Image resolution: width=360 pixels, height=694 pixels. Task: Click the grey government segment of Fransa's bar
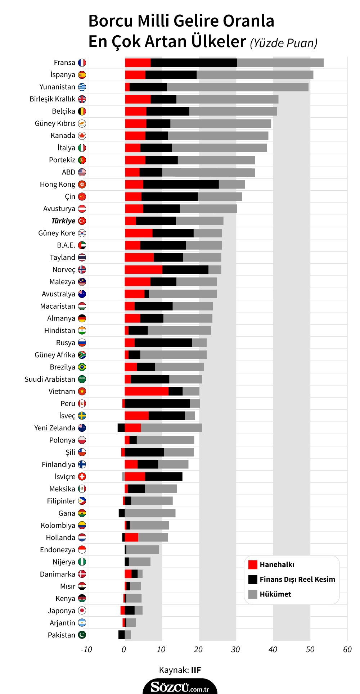(280, 63)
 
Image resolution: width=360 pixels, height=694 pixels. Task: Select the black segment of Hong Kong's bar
(181, 184)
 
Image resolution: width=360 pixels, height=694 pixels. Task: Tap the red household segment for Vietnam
(147, 391)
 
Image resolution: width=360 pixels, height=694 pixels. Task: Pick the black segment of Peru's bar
(157, 404)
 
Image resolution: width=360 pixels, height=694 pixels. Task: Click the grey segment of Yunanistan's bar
(238, 87)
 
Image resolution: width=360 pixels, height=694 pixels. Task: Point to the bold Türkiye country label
(63, 221)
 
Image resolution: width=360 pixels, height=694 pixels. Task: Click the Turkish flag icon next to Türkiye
(82, 221)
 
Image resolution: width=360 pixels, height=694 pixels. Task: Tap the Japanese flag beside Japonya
(82, 611)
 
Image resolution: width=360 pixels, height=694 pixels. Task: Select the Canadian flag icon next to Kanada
(82, 136)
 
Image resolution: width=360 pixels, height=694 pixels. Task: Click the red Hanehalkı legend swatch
(253, 564)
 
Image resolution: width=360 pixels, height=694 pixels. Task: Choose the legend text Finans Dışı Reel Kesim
(297, 579)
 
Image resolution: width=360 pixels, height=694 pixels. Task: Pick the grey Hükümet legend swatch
(253, 594)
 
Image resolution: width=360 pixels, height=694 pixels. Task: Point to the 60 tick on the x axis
(347, 649)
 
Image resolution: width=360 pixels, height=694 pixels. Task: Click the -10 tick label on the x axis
(86, 649)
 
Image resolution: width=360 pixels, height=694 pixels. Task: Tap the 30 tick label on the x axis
(235, 649)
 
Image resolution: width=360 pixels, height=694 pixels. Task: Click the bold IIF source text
(196, 670)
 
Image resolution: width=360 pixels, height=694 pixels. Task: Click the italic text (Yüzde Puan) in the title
(284, 43)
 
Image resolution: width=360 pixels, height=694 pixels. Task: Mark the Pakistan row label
(62, 635)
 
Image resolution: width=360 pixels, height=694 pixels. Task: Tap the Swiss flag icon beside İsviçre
(82, 477)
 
